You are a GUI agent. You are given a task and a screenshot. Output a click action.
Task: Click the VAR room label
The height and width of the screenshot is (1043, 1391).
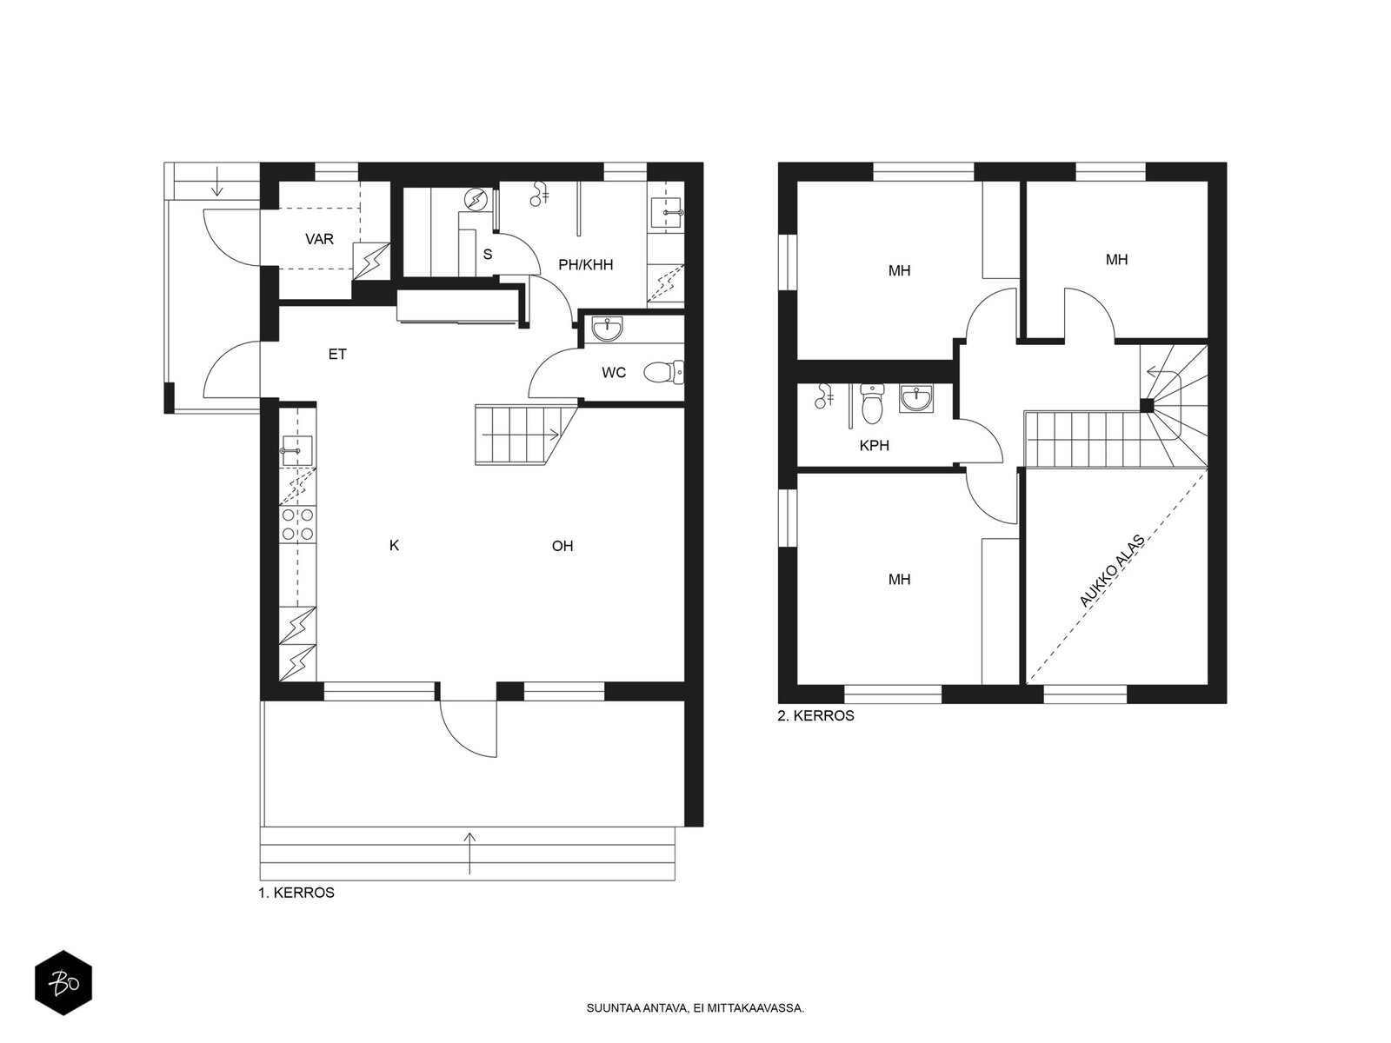[x=319, y=239]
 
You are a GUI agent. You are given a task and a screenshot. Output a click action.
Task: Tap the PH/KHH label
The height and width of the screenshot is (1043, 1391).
[x=586, y=265]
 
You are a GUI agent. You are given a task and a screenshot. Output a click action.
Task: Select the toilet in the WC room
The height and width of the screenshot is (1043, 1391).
[x=663, y=372]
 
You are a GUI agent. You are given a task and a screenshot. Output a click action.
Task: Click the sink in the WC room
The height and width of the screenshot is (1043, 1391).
[x=608, y=329]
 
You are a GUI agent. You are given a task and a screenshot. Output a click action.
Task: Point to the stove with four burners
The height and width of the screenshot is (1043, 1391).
[x=298, y=524]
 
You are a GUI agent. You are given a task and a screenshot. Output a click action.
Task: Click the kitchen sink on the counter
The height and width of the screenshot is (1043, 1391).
[x=297, y=451]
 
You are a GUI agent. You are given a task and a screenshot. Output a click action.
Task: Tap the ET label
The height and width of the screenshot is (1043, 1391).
[x=337, y=355]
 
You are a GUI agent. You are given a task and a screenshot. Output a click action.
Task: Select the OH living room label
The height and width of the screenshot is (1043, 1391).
[x=562, y=546]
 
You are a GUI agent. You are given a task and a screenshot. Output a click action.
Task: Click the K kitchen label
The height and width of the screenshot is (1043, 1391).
[x=394, y=545]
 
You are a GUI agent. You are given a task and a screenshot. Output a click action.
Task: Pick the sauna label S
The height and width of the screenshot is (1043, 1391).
[x=488, y=255]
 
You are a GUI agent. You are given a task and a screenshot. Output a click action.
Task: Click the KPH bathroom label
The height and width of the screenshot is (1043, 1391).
[x=874, y=446]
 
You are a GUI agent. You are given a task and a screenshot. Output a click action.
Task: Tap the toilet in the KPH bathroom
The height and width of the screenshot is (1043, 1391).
[x=872, y=403]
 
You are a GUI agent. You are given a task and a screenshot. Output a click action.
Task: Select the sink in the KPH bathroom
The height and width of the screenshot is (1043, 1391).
[x=915, y=399]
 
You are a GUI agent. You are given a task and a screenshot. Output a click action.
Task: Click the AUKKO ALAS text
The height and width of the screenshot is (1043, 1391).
[x=1112, y=571]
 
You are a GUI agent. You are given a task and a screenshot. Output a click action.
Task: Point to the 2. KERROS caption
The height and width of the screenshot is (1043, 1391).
[x=815, y=716]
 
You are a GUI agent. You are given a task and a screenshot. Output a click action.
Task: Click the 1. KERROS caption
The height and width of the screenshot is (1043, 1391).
[x=296, y=893]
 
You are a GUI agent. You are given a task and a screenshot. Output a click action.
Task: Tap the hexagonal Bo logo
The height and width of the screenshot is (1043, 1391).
[x=63, y=983]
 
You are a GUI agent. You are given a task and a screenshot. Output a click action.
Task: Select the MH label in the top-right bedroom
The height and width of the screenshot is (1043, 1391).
[x=1116, y=260]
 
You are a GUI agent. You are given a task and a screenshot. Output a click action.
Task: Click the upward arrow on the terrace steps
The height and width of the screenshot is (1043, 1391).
[x=469, y=854]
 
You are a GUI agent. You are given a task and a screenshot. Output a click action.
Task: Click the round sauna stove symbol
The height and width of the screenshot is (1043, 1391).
[x=475, y=201]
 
